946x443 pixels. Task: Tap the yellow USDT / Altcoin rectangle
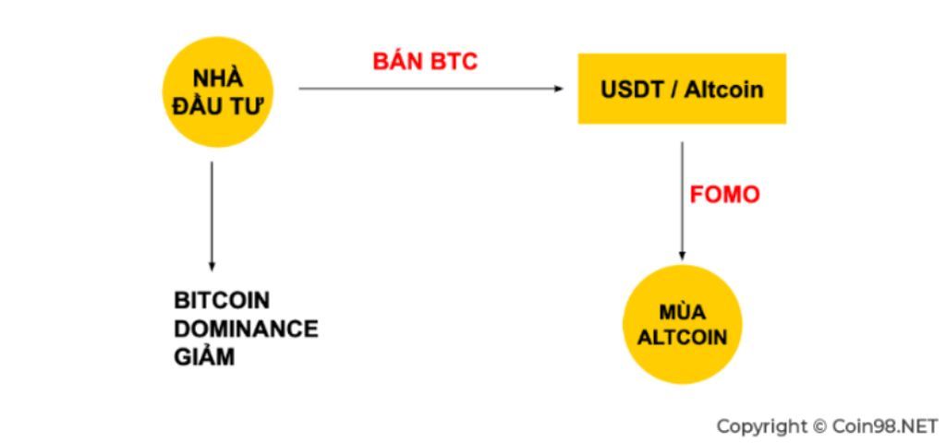682,90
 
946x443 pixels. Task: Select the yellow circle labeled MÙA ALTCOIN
682,324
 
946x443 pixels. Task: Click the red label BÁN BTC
425,62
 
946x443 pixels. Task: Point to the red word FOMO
724,195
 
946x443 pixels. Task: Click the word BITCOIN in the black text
222,301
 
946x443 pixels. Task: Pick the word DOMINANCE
246,329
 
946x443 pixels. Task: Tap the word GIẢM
204,356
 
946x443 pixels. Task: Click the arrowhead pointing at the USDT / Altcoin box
558,89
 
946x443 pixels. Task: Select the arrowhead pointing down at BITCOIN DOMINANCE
212,267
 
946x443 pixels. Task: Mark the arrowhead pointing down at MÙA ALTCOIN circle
682,256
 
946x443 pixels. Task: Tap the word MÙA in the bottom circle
682,312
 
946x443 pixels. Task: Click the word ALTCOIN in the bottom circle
682,336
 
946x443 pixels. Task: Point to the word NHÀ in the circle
218,79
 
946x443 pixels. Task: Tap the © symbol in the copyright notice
819,426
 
